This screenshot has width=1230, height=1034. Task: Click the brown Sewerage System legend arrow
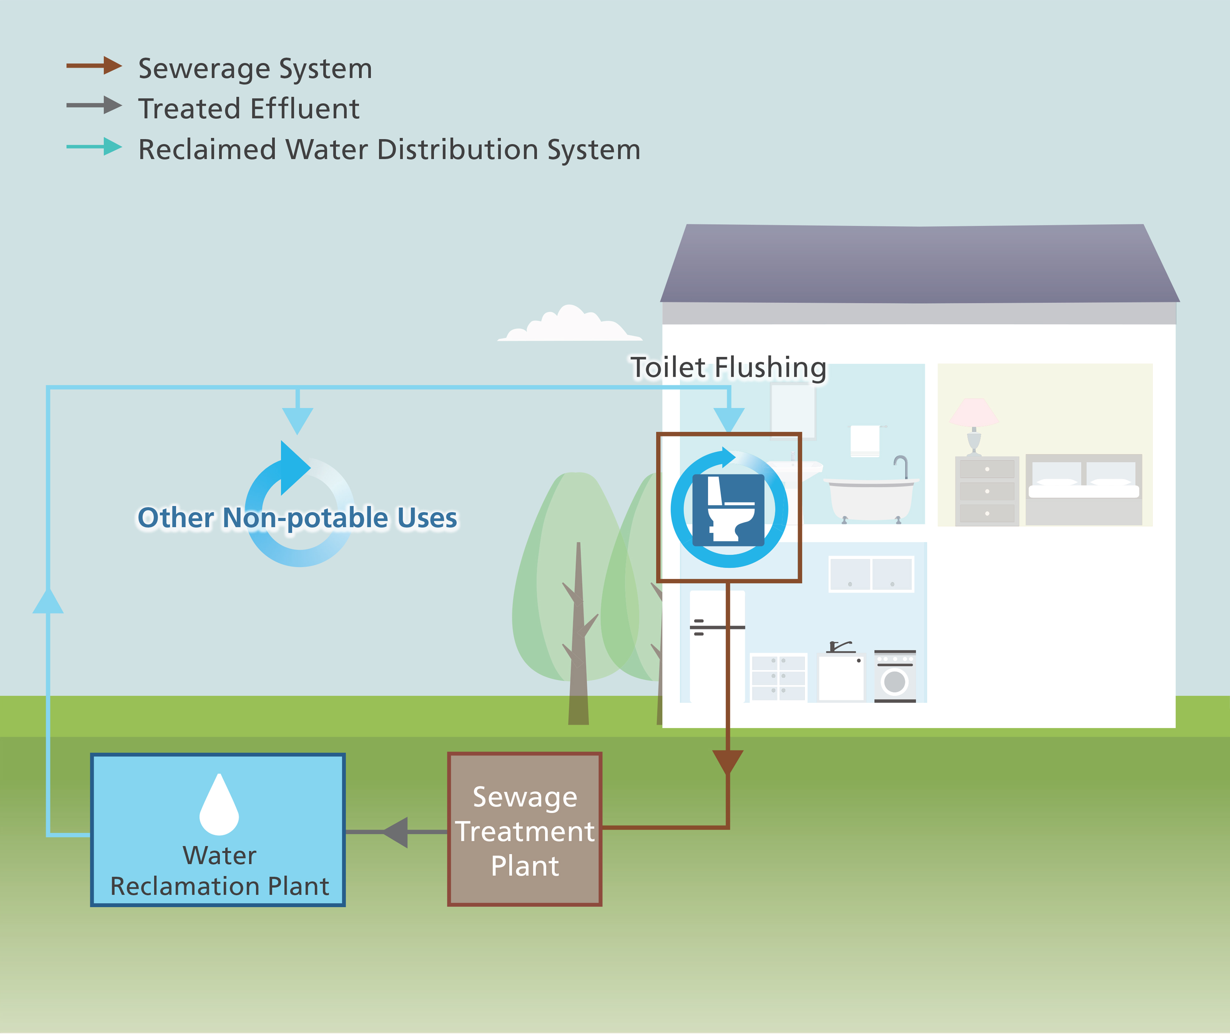[x=94, y=66]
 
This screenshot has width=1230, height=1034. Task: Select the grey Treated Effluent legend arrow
[x=94, y=105]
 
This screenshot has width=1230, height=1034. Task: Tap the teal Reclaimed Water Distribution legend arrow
[x=94, y=147]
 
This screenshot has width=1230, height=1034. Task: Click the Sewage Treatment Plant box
[x=525, y=829]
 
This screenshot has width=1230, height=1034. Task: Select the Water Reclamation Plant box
[x=218, y=829]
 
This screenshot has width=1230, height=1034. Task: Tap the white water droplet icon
[x=219, y=806]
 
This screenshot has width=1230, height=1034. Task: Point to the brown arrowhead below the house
[x=728, y=761]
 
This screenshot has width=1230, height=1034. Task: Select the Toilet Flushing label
[x=728, y=368]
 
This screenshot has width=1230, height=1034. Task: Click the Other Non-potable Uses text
[x=297, y=518]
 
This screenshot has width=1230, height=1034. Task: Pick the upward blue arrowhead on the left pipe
[x=48, y=602]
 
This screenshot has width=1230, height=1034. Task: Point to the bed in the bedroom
[x=1084, y=489]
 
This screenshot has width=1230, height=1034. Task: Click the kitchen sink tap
[x=840, y=647]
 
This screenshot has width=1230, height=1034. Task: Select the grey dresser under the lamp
[x=987, y=491]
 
